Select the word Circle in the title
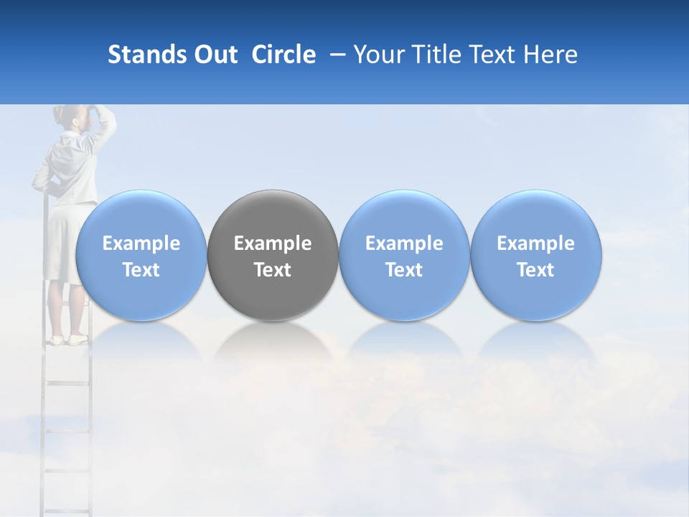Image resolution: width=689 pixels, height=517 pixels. tap(283, 55)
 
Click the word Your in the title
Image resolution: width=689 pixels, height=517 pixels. tap(378, 55)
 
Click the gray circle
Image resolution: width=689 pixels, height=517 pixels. tap(273, 255)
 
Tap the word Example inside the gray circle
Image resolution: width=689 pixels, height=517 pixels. tap(273, 243)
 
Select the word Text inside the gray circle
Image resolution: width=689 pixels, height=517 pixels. tap(273, 270)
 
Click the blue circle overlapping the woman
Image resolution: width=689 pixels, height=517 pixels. tap(141, 255)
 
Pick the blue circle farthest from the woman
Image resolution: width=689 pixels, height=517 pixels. tap(536, 255)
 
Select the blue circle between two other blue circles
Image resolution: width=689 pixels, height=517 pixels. tap(404, 255)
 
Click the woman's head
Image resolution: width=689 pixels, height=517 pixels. tap(74, 116)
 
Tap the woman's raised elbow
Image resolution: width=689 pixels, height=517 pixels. tap(111, 118)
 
